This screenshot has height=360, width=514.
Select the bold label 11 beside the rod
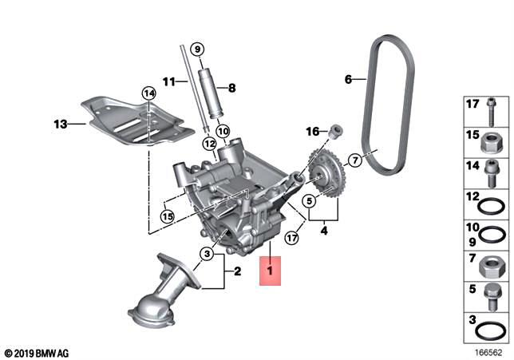pyautogui.click(x=168, y=81)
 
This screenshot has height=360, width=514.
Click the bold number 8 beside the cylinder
pyautogui.click(x=232, y=88)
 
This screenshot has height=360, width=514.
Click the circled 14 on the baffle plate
pyautogui.click(x=148, y=94)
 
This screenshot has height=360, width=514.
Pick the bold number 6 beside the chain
pyautogui.click(x=348, y=79)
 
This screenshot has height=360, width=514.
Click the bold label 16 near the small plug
pyautogui.click(x=313, y=131)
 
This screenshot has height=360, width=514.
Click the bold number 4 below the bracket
pyautogui.click(x=324, y=231)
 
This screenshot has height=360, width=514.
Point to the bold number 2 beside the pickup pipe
pyautogui.click(x=235, y=271)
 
